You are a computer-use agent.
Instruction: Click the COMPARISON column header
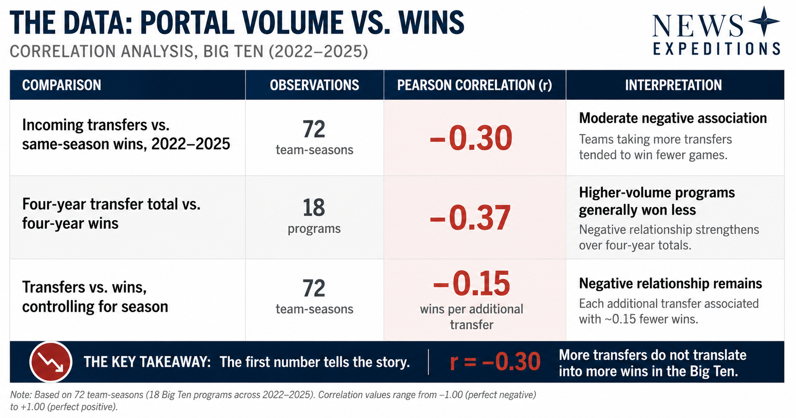pyautogui.click(x=62, y=85)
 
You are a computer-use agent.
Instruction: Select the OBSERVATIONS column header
pyautogui.click(x=315, y=85)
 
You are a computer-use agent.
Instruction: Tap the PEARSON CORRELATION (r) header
pyautogui.click(x=475, y=85)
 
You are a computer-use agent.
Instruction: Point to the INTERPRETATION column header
pyautogui.click(x=673, y=85)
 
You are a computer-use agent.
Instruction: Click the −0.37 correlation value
pyautogui.click(x=470, y=218)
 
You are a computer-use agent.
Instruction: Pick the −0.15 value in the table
pyautogui.click(x=472, y=284)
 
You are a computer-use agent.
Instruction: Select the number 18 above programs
pyautogui.click(x=314, y=208)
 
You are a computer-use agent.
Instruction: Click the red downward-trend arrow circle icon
pyautogui.click(x=51, y=362)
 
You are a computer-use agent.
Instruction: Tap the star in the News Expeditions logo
pyautogui.click(x=764, y=21)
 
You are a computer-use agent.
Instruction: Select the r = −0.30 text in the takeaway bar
pyautogui.click(x=495, y=361)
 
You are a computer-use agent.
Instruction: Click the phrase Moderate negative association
pyautogui.click(x=673, y=118)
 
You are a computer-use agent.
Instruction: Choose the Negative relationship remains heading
pyautogui.click(x=670, y=283)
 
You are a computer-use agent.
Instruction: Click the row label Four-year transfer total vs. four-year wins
pyautogui.click(x=111, y=213)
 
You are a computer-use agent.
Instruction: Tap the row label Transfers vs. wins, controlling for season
pyautogui.click(x=95, y=297)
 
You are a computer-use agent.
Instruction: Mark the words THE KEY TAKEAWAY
pyautogui.click(x=147, y=362)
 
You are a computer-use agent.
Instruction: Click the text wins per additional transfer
pyautogui.click(x=472, y=317)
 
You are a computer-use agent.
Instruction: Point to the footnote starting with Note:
pyautogui.click(x=273, y=401)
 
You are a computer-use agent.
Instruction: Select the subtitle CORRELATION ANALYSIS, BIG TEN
pyautogui.click(x=137, y=52)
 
